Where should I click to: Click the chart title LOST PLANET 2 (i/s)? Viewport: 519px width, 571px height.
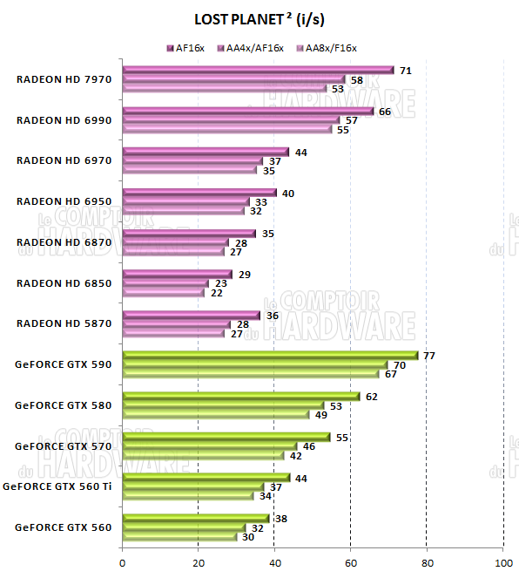259,18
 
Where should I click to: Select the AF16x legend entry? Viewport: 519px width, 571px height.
189,48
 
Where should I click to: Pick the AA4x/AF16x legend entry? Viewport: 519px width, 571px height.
255,48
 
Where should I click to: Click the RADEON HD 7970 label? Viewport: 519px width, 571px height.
64,79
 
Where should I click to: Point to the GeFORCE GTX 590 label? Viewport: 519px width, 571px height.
64,364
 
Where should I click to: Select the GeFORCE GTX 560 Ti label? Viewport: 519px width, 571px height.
58,486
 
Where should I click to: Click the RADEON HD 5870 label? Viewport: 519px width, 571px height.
64,323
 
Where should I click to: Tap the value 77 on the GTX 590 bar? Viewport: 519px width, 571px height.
428,355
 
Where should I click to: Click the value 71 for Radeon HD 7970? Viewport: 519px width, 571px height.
406,70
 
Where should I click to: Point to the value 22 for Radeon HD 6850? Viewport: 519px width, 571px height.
216,293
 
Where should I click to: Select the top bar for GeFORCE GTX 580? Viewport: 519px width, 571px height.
241,397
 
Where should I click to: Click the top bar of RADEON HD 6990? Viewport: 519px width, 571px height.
248,112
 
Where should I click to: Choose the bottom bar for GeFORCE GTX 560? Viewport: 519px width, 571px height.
179,537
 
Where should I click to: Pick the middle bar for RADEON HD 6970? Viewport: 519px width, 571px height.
192,161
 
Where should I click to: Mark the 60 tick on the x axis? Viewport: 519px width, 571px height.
350,561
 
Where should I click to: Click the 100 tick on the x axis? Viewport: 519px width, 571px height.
502,561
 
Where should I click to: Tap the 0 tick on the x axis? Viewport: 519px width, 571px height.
123,561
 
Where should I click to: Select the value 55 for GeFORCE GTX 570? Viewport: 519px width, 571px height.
342,437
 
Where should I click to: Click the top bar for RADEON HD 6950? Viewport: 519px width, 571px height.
199,193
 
